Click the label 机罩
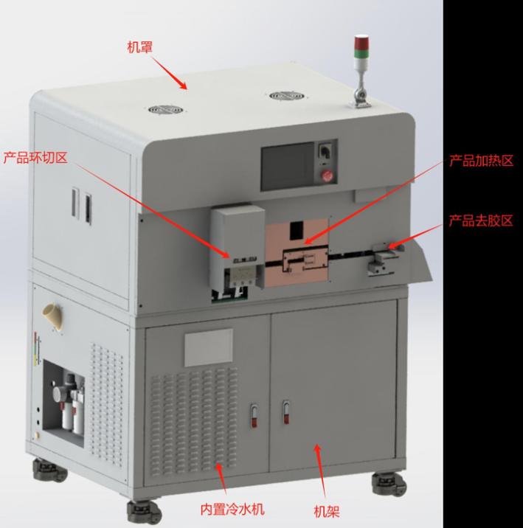click(x=139, y=47)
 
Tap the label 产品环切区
click(x=35, y=157)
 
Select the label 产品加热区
click(x=481, y=161)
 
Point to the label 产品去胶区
click(x=480, y=220)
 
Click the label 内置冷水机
click(x=232, y=509)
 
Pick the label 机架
click(x=326, y=512)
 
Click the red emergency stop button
click(x=327, y=175)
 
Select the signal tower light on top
click(x=361, y=71)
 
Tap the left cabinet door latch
click(x=254, y=415)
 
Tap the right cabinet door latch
click(x=286, y=411)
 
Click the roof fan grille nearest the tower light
click(x=287, y=96)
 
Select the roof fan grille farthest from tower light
click(x=166, y=110)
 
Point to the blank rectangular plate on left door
click(x=209, y=347)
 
